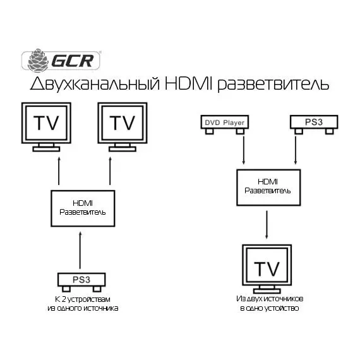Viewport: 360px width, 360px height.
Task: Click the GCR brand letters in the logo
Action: point(73,61)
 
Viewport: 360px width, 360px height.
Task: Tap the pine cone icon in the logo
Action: point(38,61)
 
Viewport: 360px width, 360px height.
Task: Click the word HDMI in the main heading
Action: point(188,83)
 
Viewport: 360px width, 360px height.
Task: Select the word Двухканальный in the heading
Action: point(95,84)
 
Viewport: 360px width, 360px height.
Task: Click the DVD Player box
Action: point(225,122)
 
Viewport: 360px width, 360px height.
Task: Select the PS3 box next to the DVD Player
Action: point(314,122)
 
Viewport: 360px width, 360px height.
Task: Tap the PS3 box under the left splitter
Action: point(81,280)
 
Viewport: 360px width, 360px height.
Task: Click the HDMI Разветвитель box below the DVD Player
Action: point(268,188)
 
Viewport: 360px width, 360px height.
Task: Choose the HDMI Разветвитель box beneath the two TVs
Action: point(83,208)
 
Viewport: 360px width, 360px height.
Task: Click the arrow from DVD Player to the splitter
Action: point(244,150)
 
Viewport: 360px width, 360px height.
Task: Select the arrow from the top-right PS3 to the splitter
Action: point(296,150)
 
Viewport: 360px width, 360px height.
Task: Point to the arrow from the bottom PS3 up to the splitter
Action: point(80,250)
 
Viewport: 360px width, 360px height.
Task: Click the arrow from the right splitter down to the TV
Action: point(267,225)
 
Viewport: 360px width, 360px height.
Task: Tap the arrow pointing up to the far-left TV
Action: point(59,171)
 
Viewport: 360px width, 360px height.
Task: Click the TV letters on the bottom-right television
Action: point(267,268)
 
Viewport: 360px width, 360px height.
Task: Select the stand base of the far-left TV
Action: point(46,149)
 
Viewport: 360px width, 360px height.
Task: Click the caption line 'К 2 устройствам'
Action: point(83,299)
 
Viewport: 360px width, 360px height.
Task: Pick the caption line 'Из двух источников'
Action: point(270,299)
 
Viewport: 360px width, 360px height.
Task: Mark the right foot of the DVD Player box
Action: point(240,131)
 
